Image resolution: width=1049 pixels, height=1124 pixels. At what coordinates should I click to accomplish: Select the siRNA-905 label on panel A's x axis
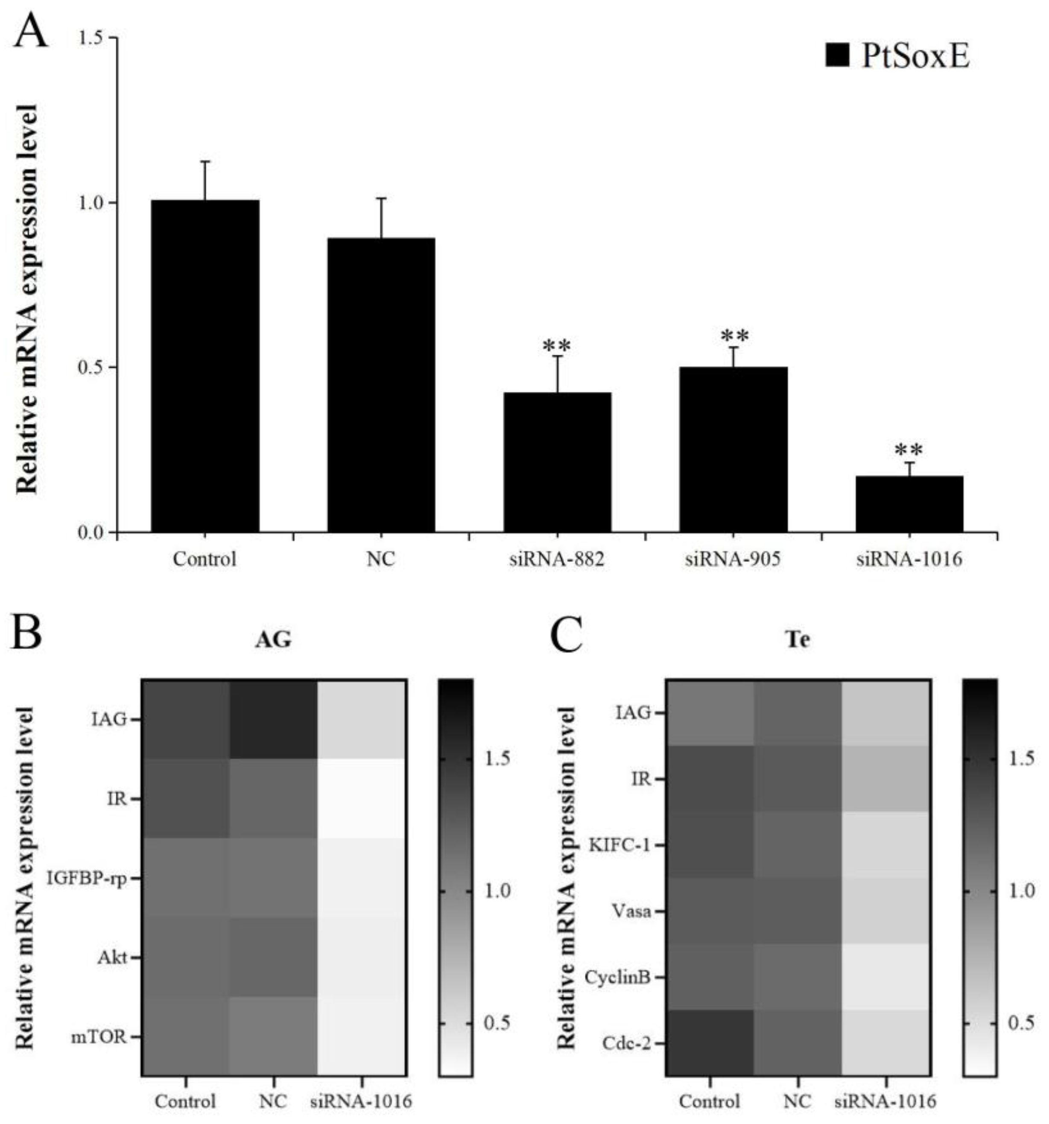pyautogui.click(x=733, y=559)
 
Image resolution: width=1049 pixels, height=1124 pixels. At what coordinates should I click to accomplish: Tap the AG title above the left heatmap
pyautogui.click(x=273, y=639)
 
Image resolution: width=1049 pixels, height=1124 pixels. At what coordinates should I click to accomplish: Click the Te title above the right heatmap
pyautogui.click(x=798, y=639)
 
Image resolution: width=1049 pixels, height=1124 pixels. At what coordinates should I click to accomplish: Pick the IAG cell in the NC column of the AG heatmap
pyautogui.click(x=273, y=719)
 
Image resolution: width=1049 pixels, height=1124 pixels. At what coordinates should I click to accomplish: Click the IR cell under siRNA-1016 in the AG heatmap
pyautogui.click(x=361, y=798)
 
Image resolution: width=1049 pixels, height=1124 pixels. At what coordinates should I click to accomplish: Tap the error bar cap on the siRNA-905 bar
pyautogui.click(x=733, y=347)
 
